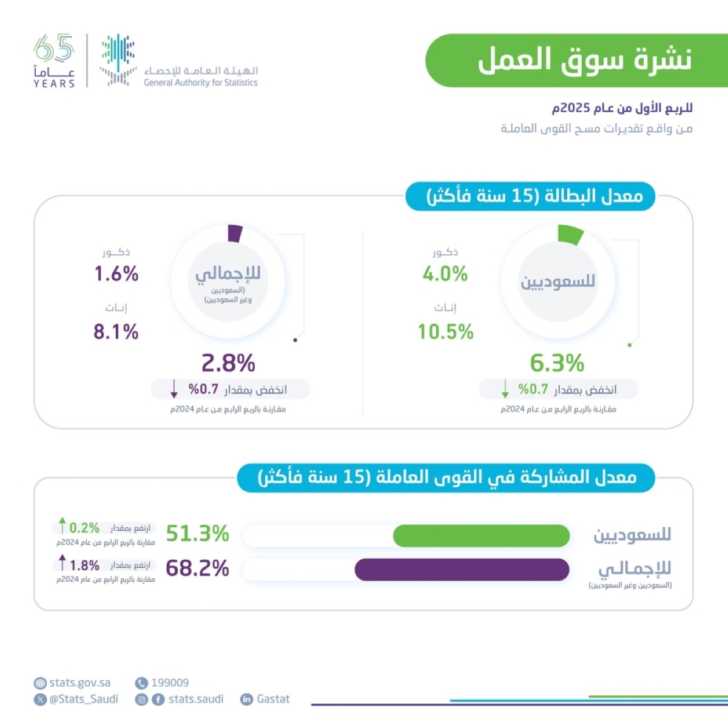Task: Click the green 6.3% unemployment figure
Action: (557, 363)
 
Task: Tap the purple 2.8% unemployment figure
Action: (228, 363)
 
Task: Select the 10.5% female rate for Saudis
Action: (445, 332)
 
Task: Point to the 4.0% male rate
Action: (445, 274)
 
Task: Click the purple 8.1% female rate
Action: (116, 332)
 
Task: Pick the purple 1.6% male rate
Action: (116, 274)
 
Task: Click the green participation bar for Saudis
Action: (481, 536)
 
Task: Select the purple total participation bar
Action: (462, 570)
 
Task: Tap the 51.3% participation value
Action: (198, 534)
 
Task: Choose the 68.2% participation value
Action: (198, 568)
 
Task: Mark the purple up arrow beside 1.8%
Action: (62, 562)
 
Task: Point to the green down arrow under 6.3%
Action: (505, 389)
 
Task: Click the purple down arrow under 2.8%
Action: (175, 389)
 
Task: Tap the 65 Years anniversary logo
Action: (54, 61)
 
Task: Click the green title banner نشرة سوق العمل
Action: (576, 60)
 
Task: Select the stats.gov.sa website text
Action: (79, 683)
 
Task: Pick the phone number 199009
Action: (170, 683)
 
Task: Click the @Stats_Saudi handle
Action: (84, 699)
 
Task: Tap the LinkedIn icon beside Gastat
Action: (246, 699)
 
